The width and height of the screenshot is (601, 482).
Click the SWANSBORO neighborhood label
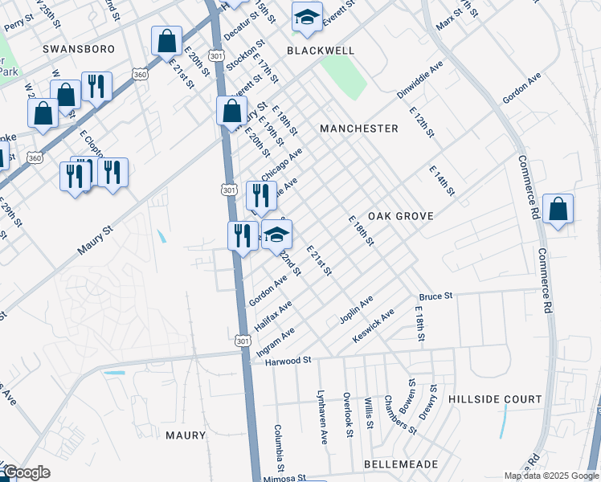[x=79, y=49]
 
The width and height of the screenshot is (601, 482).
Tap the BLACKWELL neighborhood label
[x=321, y=50]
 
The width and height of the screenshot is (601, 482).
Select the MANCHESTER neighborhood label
[x=358, y=129]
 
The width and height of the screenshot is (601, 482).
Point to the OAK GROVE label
[x=401, y=216]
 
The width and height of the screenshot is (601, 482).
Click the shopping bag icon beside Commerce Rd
[x=558, y=210]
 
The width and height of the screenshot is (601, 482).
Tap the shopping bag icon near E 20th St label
[x=166, y=41]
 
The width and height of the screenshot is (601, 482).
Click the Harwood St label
[x=288, y=361]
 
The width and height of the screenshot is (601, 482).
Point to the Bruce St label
[x=436, y=296]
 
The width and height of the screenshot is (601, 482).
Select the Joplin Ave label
[x=356, y=311]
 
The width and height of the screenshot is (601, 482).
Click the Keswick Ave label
[x=374, y=327]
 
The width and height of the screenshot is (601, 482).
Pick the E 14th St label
[x=442, y=181]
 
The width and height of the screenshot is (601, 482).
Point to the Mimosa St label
[x=288, y=476]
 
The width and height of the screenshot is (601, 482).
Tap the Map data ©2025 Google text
[x=551, y=476]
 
